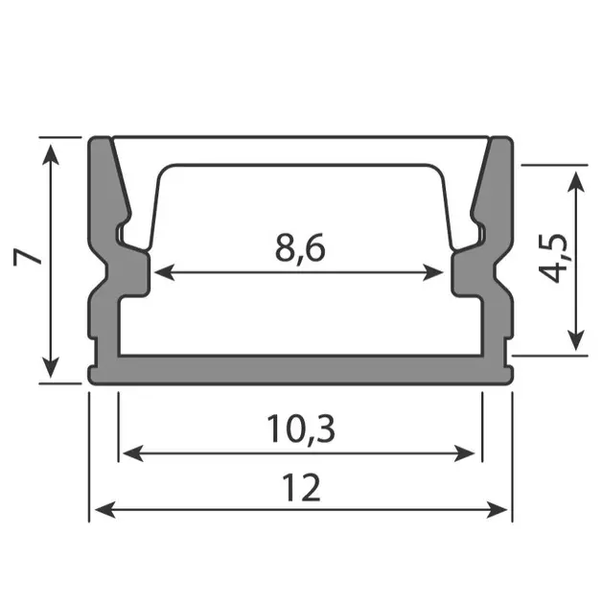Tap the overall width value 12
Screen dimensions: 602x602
point(301,489)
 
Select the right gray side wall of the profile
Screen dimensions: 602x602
point(498,288)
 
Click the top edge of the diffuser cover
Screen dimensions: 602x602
point(300,138)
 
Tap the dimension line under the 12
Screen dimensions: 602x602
point(300,508)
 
